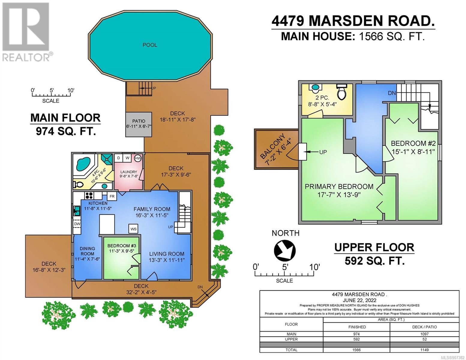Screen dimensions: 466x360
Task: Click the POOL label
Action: pyautogui.click(x=150, y=45)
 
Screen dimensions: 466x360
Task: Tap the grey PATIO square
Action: pyautogui.click(x=139, y=124)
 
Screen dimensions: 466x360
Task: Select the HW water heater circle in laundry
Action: pyautogui.click(x=138, y=158)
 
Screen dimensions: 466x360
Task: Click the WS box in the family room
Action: pyautogui.click(x=134, y=229)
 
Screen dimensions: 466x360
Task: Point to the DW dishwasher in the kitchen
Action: pyautogui.click(x=77, y=224)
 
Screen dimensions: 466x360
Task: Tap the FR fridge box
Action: pyautogui.click(x=112, y=196)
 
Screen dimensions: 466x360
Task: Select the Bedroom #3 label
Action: pyautogui.click(x=122, y=246)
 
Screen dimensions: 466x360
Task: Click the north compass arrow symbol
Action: pyautogui.click(x=284, y=250)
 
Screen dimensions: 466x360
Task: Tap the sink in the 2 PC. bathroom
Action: pyautogui.click(x=315, y=87)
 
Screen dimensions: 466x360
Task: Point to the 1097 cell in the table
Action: pyautogui.click(x=424, y=334)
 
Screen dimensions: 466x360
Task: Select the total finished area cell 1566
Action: pyautogui.click(x=356, y=350)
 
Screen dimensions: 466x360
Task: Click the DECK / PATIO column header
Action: pyautogui.click(x=424, y=327)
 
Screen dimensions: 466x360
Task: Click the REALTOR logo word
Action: pyautogui.click(x=26, y=57)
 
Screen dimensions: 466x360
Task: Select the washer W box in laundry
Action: pyautogui.click(x=128, y=158)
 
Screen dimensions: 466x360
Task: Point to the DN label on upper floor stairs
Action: pyautogui.click(x=392, y=93)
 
